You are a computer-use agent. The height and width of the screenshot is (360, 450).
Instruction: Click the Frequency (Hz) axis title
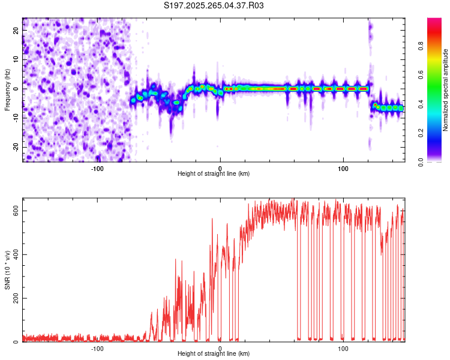[x=7, y=89]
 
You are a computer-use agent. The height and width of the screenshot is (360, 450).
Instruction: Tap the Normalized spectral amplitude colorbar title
[x=446, y=90]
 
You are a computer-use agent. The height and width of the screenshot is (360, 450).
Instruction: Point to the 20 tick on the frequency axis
[x=16, y=30]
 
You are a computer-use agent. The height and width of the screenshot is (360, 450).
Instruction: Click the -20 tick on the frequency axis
[x=15, y=147]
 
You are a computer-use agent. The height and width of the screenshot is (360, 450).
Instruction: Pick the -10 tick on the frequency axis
[x=15, y=118]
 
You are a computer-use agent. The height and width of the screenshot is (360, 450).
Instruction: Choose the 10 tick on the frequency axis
[x=16, y=59]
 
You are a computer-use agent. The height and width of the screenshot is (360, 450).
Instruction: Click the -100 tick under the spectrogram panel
[x=97, y=168]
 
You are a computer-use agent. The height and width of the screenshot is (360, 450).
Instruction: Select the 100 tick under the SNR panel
[x=343, y=348]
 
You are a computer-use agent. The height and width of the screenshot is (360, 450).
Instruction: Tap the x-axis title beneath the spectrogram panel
[x=214, y=174]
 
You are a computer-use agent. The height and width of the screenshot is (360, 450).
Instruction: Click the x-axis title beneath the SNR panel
[x=214, y=354]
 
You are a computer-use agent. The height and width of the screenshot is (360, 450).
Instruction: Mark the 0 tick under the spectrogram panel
[x=220, y=168]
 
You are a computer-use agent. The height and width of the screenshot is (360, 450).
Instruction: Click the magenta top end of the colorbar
[x=434, y=21]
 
